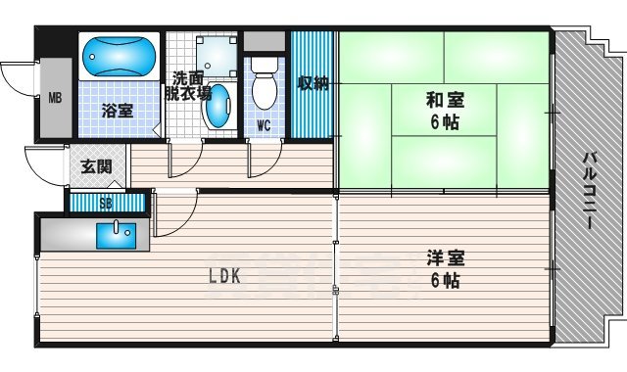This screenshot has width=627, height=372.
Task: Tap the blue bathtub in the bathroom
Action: click(118, 57)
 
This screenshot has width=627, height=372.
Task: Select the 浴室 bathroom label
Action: click(118, 111)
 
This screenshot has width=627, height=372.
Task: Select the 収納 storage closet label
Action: click(313, 83)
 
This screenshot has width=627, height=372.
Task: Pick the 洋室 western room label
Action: click(445, 258)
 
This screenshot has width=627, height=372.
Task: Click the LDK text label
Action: click(222, 276)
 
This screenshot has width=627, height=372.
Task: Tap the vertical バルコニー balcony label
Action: click(591, 191)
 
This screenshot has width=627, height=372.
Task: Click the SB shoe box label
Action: click(106, 204)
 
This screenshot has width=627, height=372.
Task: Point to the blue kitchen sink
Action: click(116, 233)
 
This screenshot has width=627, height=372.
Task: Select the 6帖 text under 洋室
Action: click(445, 281)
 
